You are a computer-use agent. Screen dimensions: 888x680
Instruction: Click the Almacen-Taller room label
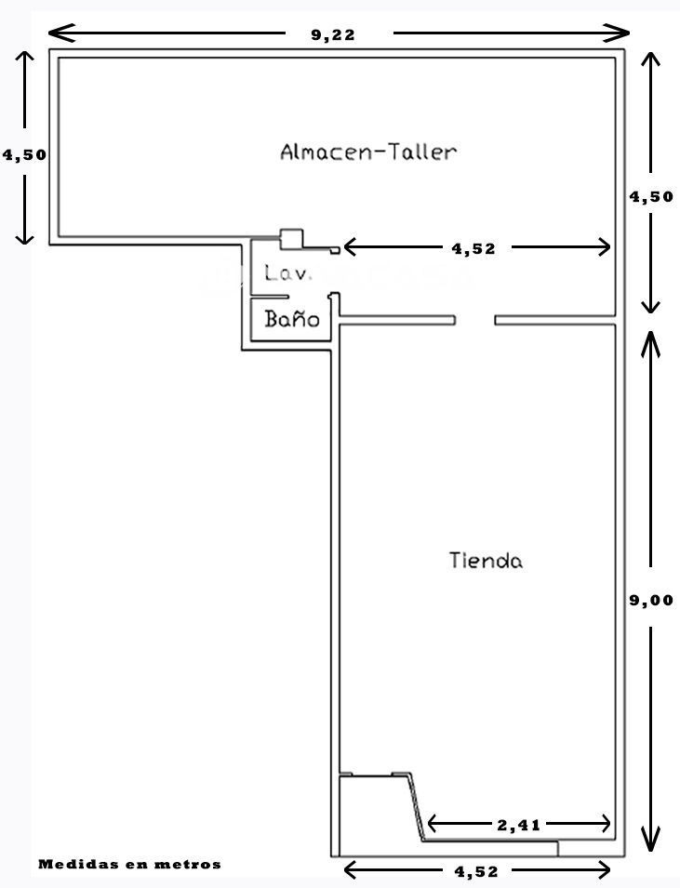(x=368, y=152)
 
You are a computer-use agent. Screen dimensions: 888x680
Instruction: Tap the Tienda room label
(x=486, y=561)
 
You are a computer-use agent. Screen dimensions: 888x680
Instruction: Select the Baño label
(x=292, y=320)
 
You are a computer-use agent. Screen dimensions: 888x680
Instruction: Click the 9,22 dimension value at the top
(x=333, y=34)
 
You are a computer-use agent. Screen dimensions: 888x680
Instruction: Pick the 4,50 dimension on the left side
(x=25, y=155)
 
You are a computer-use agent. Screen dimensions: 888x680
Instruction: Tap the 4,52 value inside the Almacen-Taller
(x=473, y=248)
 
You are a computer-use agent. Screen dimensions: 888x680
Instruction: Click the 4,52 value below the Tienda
(x=477, y=871)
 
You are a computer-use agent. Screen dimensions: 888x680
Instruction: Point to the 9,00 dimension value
(x=651, y=600)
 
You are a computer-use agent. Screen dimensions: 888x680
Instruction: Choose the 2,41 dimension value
(x=518, y=823)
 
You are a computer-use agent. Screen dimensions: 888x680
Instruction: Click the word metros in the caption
(x=191, y=864)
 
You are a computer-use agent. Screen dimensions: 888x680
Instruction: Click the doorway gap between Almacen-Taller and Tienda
(x=474, y=320)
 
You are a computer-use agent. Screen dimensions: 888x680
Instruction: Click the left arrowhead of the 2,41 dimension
(x=432, y=823)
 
